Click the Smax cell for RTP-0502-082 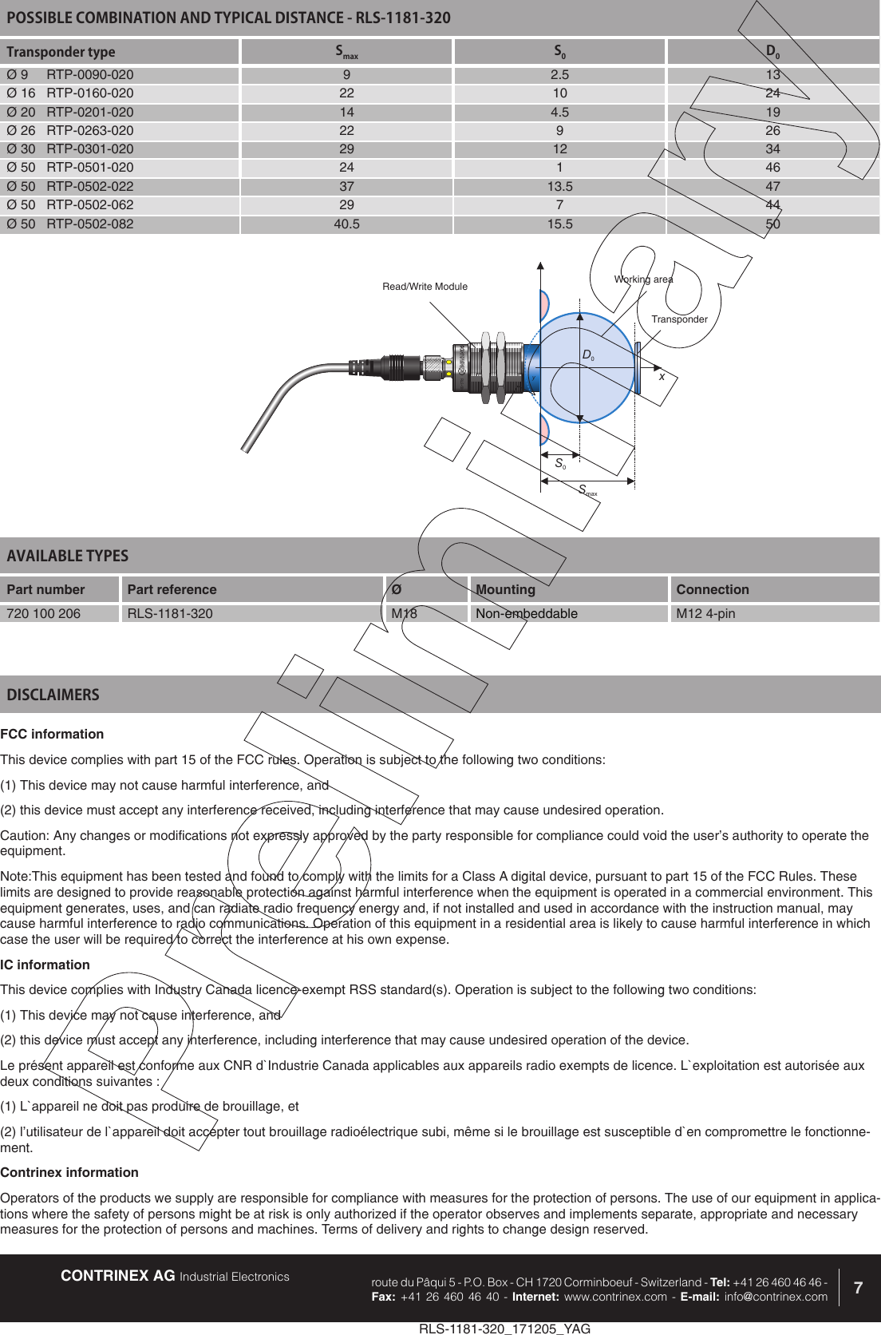tap(346, 224)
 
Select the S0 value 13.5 tap(559, 187)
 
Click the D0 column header tap(772, 52)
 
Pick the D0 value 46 tap(772, 168)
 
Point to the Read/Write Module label tap(425, 287)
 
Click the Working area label tap(643, 279)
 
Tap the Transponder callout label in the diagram tap(679, 319)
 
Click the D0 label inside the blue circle tap(587, 355)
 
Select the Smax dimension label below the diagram tap(587, 490)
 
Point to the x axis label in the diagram tap(662, 376)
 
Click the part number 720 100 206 tap(44, 614)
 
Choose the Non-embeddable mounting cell tap(527, 614)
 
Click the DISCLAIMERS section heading tap(53, 695)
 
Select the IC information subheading tap(45, 965)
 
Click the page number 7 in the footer tap(858, 1288)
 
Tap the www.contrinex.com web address tap(615, 1297)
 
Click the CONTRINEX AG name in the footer tap(118, 1276)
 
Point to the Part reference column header tap(172, 590)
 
